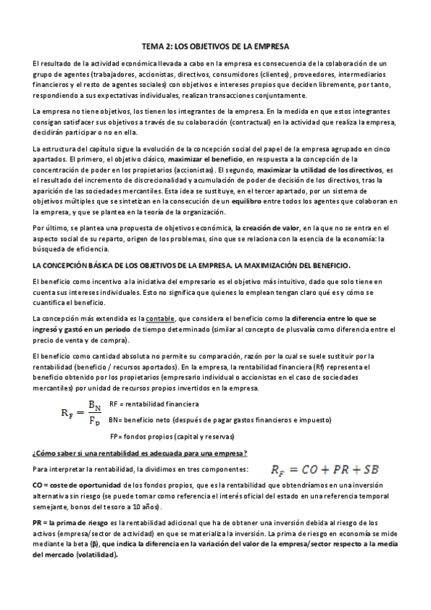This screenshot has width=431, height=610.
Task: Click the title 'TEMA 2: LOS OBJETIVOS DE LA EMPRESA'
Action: click(215, 46)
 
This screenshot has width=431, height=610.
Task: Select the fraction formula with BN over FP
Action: click(82, 413)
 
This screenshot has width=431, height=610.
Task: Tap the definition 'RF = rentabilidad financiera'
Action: click(154, 404)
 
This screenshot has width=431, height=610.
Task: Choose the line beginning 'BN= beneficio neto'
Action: click(219, 419)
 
